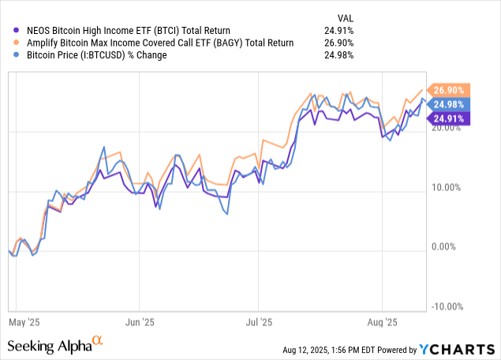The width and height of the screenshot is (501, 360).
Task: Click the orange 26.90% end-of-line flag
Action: click(449, 90)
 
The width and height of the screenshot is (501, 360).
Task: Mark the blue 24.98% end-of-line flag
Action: click(449, 104)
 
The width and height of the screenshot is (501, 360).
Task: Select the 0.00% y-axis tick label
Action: click(451, 247)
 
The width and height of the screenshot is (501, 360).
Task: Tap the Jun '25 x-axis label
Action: click(139, 322)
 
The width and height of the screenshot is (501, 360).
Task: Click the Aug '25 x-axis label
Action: click(382, 322)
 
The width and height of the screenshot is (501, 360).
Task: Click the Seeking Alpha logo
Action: click(55, 345)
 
